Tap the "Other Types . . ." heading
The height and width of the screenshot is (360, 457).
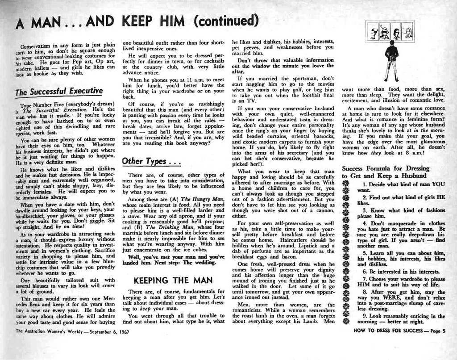click(151, 161)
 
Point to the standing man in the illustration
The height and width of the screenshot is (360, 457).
click(391, 60)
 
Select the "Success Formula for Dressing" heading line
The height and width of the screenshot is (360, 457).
click(385, 168)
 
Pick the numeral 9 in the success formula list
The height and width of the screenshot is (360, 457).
click(365, 316)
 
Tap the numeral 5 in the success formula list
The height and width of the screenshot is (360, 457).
click(365, 252)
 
